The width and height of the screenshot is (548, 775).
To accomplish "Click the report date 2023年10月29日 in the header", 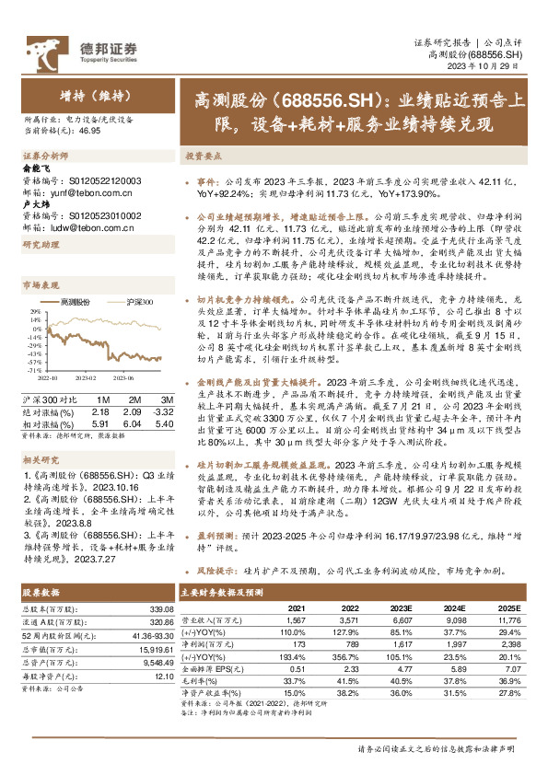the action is pyautogui.click(x=496, y=66).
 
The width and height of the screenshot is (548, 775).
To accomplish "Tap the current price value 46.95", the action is pyautogui.click(x=90, y=132).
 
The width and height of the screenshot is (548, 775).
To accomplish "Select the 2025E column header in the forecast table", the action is pyautogui.click(x=509, y=608).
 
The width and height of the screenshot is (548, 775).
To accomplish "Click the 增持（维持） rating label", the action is pyautogui.click(x=80, y=95).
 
